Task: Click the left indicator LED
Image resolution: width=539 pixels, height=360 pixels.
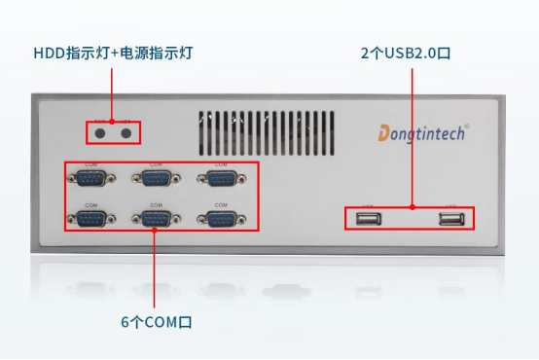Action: (100, 131)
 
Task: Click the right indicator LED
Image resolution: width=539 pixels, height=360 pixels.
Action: (126, 131)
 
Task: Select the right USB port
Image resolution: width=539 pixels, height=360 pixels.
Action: (449, 219)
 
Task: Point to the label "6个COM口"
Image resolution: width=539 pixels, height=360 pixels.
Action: (157, 321)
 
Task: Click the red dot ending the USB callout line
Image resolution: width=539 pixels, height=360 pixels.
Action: (413, 206)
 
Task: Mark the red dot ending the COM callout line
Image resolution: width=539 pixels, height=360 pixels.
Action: (157, 231)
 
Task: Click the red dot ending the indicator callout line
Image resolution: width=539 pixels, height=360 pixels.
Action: (113, 122)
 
